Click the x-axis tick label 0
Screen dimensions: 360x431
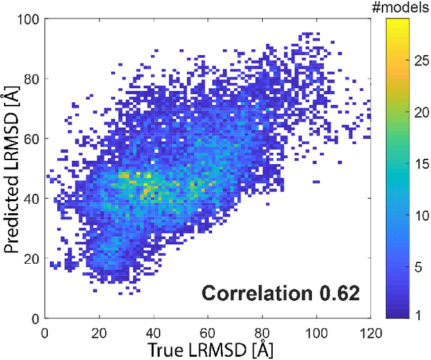pyautogui.click(x=44, y=332)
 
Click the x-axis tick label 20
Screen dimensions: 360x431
pyautogui.click(x=99, y=332)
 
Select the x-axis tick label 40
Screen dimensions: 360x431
pyautogui.click(x=154, y=332)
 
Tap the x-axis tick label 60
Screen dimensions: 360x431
pyautogui.click(x=207, y=332)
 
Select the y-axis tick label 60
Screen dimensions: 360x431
pyautogui.click(x=30, y=139)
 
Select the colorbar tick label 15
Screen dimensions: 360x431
pyautogui.click(x=422, y=164)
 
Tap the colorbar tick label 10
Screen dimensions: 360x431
pyautogui.click(x=422, y=215)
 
